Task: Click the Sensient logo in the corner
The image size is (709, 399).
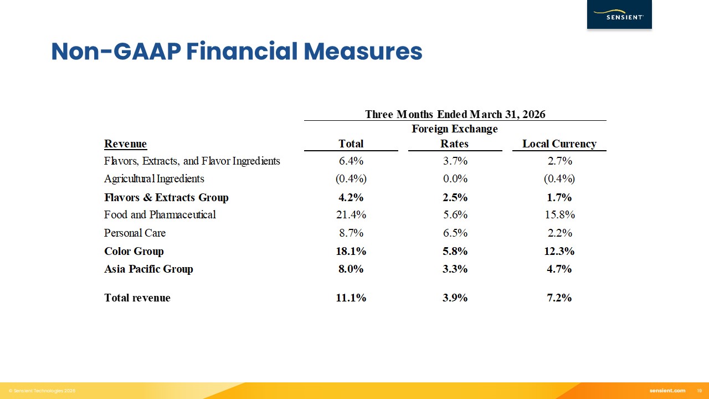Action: pos(619,15)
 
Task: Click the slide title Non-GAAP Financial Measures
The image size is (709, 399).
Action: pos(237,52)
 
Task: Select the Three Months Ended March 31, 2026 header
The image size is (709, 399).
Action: pos(455,114)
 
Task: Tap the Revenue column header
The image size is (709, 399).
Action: pos(125,144)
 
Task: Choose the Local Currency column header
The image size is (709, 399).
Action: pos(559,144)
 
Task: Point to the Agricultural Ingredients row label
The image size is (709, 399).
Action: pos(154,178)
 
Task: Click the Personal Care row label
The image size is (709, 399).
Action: pos(135,233)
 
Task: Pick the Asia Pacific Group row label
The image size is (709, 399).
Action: pos(148,269)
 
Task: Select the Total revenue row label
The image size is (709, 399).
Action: pos(137,298)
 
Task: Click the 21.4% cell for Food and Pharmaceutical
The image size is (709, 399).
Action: pos(351,214)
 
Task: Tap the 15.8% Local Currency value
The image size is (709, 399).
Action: pos(559,214)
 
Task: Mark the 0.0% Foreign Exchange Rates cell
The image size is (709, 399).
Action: pos(454,178)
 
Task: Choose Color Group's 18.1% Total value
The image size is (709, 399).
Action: pos(351,251)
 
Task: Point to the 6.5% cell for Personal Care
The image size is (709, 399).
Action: pos(454,233)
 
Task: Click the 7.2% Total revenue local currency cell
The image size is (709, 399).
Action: pos(559,298)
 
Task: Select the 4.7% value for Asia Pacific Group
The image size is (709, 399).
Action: pos(559,269)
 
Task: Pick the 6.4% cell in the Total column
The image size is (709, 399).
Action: pos(351,161)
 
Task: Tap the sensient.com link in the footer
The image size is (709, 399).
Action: pos(667,391)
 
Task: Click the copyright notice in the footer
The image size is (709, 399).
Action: pos(42,391)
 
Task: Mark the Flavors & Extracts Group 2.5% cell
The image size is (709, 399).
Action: pos(454,197)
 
